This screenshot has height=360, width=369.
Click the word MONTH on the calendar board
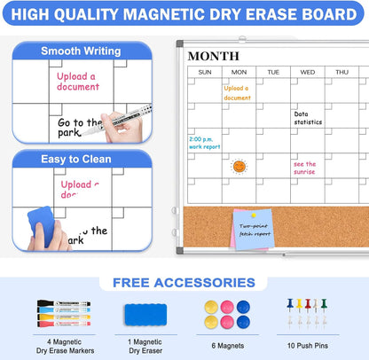click(x=214, y=56)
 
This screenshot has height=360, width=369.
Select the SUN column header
click(x=205, y=72)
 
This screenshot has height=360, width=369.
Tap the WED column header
click(x=307, y=72)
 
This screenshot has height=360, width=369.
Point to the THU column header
click(x=342, y=72)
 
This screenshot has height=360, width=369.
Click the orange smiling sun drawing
click(x=239, y=166)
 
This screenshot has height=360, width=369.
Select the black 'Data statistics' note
click(x=309, y=117)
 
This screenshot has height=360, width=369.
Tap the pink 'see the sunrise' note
click(x=306, y=168)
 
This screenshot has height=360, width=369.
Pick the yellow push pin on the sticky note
click(x=253, y=215)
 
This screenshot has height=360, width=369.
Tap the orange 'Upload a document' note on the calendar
click(x=237, y=92)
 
